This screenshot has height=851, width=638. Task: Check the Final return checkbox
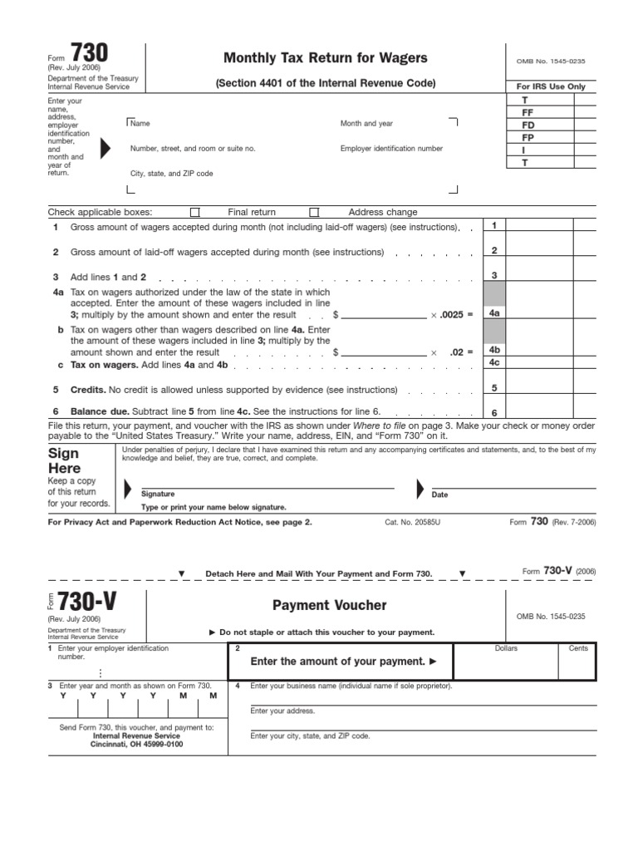pos(195,212)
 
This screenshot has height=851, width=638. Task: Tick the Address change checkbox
pos(314,212)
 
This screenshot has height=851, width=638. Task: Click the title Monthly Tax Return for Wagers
pos(326,57)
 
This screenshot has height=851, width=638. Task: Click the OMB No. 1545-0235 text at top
pos(551,61)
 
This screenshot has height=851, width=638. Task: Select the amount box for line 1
pos(550,226)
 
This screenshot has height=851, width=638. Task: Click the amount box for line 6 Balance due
pos(550,411)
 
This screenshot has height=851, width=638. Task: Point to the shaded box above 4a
pos(493,293)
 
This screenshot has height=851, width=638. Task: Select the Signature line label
pos(158,494)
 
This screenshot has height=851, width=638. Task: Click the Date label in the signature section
pos(439,494)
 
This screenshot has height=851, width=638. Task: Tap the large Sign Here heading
pos(64,460)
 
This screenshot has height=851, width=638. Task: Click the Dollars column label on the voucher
pos(506,648)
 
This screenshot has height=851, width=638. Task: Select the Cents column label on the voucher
pos(578,648)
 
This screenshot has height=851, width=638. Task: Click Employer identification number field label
pos(391,149)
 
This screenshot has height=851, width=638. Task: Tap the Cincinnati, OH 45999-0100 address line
pos(137,744)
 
